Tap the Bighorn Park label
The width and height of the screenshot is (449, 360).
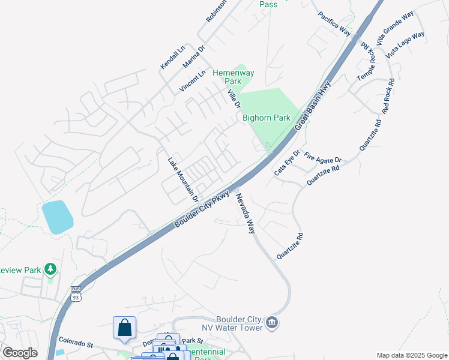(x=267, y=118)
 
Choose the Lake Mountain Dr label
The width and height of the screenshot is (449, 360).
(x=183, y=178)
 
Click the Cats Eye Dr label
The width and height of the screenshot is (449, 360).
(x=287, y=163)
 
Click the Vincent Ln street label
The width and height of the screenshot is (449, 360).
(x=192, y=81)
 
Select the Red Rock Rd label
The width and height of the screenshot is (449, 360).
(x=387, y=96)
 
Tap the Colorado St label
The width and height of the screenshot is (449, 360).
(x=76, y=343)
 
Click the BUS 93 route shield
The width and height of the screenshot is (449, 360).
(x=75, y=293)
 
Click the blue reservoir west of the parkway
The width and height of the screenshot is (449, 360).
(x=57, y=217)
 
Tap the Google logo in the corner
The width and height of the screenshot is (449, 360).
(x=20, y=353)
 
